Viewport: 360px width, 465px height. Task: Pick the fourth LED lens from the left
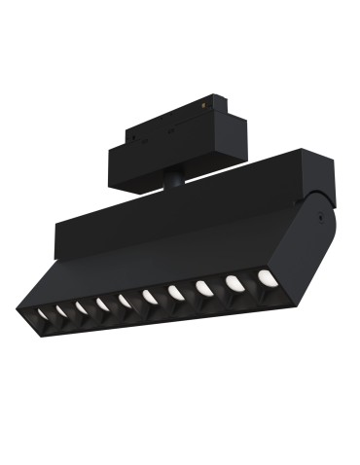(x=103, y=305)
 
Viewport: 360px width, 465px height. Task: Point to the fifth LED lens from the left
(x=126, y=302)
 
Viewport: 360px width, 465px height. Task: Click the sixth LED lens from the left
(x=150, y=297)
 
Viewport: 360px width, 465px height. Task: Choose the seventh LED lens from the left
(x=176, y=292)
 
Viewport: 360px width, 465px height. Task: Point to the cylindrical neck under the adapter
(x=173, y=181)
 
